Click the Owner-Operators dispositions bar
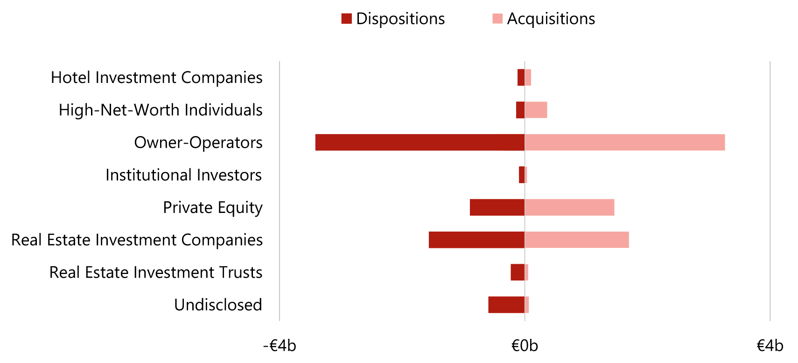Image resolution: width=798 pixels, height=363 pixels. click(420, 143)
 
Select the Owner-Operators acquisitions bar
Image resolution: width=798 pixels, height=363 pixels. click(624, 143)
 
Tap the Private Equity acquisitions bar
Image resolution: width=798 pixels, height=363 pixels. click(569, 207)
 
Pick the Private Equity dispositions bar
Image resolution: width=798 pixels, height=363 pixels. click(497, 207)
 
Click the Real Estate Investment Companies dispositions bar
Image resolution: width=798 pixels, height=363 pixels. click(476, 240)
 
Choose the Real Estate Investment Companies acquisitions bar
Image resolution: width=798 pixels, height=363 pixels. click(577, 240)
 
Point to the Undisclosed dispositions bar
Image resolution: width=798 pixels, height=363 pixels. click(506, 305)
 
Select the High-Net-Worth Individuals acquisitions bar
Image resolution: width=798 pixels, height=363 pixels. click(536, 110)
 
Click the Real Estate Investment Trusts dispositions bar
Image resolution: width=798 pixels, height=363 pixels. click(518, 272)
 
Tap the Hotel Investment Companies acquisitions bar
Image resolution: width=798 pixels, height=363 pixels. click(528, 77)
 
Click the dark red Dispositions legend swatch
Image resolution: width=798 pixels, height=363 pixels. click(346, 19)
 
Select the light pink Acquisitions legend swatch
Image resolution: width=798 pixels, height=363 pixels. click(497, 19)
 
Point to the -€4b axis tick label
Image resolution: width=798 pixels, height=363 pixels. click(280, 346)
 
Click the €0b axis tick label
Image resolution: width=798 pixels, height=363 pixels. click(525, 346)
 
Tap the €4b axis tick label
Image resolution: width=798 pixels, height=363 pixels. click(770, 346)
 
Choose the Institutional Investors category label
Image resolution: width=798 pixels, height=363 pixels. click(183, 175)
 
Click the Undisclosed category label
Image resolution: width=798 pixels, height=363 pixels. click(218, 305)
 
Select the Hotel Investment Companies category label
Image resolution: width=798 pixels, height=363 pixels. click(156, 77)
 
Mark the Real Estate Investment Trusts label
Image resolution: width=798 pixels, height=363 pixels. click(156, 272)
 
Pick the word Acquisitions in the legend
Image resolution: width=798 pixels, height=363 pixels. click(551, 19)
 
